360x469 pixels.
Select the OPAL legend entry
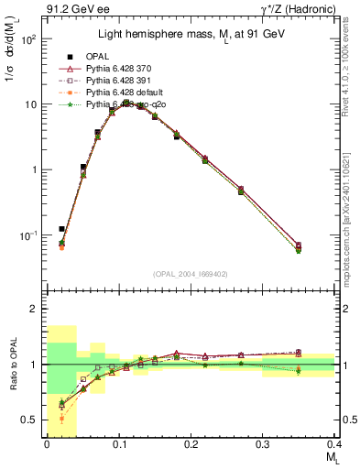[x=101, y=57]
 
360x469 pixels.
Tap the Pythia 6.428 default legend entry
[x=125, y=93]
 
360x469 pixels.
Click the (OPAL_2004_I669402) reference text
[x=190, y=272]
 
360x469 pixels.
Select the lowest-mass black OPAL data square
[x=62, y=229]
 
